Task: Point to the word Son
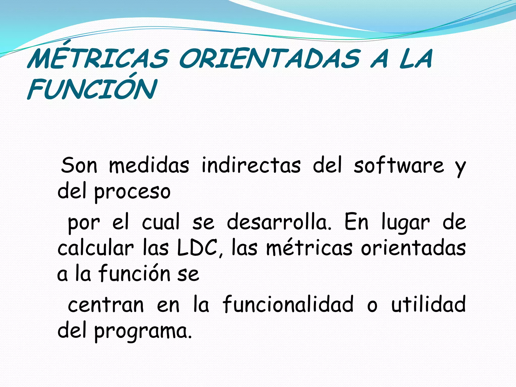pyautogui.click(x=79, y=165)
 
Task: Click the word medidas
pyautogui.click(x=149, y=165)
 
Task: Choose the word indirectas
pyautogui.click(x=251, y=165)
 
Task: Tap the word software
pyautogui.click(x=399, y=165)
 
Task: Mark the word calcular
pyautogui.click(x=95, y=248)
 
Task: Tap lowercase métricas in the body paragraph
pyautogui.click(x=309, y=248)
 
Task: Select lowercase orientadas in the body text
pyautogui.click(x=413, y=248)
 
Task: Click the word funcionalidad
pyautogui.click(x=288, y=304)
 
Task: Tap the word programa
pyautogui.click(x=143, y=332)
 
